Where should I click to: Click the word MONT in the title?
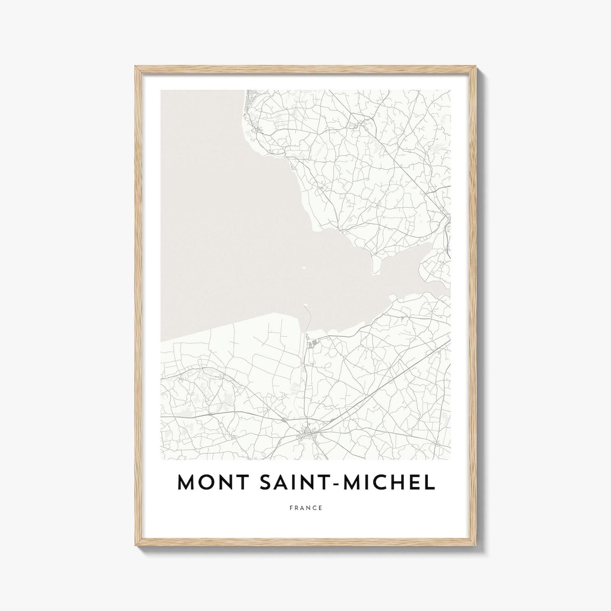[208, 482]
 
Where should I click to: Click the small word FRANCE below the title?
[305, 508]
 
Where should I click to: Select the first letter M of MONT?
[187, 482]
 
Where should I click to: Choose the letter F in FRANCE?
[290, 508]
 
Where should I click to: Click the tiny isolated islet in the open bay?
[303, 268]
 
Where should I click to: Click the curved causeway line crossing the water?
[310, 320]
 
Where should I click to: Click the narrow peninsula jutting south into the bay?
[374, 266]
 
